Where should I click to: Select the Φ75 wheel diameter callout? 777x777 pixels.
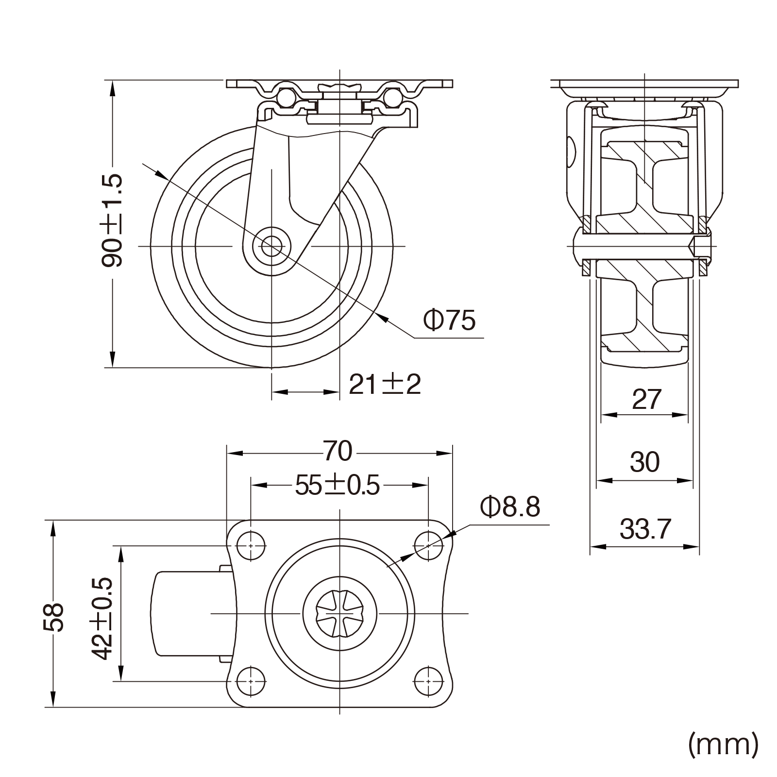449,320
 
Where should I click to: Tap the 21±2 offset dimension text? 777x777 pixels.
385,385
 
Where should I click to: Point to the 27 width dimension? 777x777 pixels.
646,400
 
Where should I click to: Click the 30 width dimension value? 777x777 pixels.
644,462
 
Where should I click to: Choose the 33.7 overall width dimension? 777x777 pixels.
645,529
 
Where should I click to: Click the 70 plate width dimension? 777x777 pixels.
338,452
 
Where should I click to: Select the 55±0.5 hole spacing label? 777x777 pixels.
338,486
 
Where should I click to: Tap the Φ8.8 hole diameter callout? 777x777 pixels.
510,508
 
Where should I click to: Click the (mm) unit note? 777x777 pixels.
723,743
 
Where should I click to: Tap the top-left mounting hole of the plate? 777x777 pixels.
251,545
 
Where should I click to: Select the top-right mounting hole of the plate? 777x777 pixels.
428,545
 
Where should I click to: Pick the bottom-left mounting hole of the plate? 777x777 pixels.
251,681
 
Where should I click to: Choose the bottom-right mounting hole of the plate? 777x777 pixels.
428,681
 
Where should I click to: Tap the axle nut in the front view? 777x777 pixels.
702,245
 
